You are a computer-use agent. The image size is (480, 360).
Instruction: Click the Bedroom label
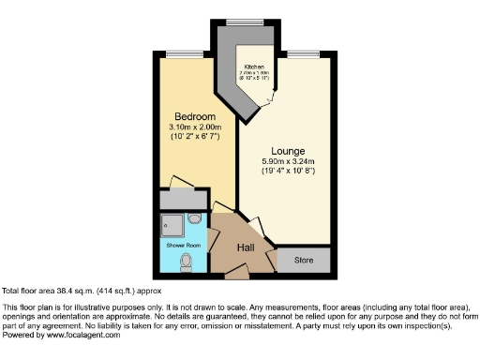pyautogui.click(x=196, y=117)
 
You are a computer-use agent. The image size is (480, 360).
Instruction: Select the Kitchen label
pyautogui.click(x=254, y=67)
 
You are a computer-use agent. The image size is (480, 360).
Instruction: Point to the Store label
pyautogui.click(x=303, y=259)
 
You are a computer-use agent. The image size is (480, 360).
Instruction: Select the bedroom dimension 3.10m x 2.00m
pyautogui.click(x=196, y=127)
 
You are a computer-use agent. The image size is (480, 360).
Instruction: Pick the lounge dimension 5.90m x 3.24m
pyautogui.click(x=289, y=161)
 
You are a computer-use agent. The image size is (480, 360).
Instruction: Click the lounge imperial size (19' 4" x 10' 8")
pyautogui.click(x=289, y=171)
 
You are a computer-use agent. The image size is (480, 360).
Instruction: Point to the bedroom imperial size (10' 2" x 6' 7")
pyautogui.click(x=196, y=137)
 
